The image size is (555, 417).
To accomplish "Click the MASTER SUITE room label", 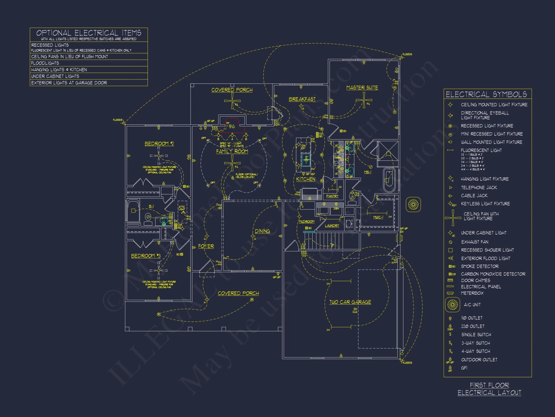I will coord(362,88).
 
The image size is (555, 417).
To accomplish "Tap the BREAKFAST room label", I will coord(302,99).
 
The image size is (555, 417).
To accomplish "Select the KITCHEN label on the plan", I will coord(306,179).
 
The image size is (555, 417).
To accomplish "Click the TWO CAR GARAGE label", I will coord(350,302).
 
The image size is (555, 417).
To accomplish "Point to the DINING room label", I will coord(262,231).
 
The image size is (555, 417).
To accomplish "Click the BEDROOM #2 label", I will coord(159,144).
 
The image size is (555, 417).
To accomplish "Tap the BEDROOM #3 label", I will coord(146,256).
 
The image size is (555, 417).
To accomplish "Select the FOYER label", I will coord(206,246).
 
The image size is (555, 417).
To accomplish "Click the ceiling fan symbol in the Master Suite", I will coord(364,100).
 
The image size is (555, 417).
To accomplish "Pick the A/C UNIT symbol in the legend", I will coord(452,305).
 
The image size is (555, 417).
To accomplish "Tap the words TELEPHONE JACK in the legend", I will coord(479,188).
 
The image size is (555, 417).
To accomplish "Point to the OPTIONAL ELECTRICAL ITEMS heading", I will coord(89,33).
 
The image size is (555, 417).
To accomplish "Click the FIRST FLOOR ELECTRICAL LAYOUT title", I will coord(489,389).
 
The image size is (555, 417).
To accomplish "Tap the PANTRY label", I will coord(332,196).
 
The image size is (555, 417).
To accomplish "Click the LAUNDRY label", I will coord(332,226).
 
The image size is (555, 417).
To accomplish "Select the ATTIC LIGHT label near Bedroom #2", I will coord(181,208).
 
